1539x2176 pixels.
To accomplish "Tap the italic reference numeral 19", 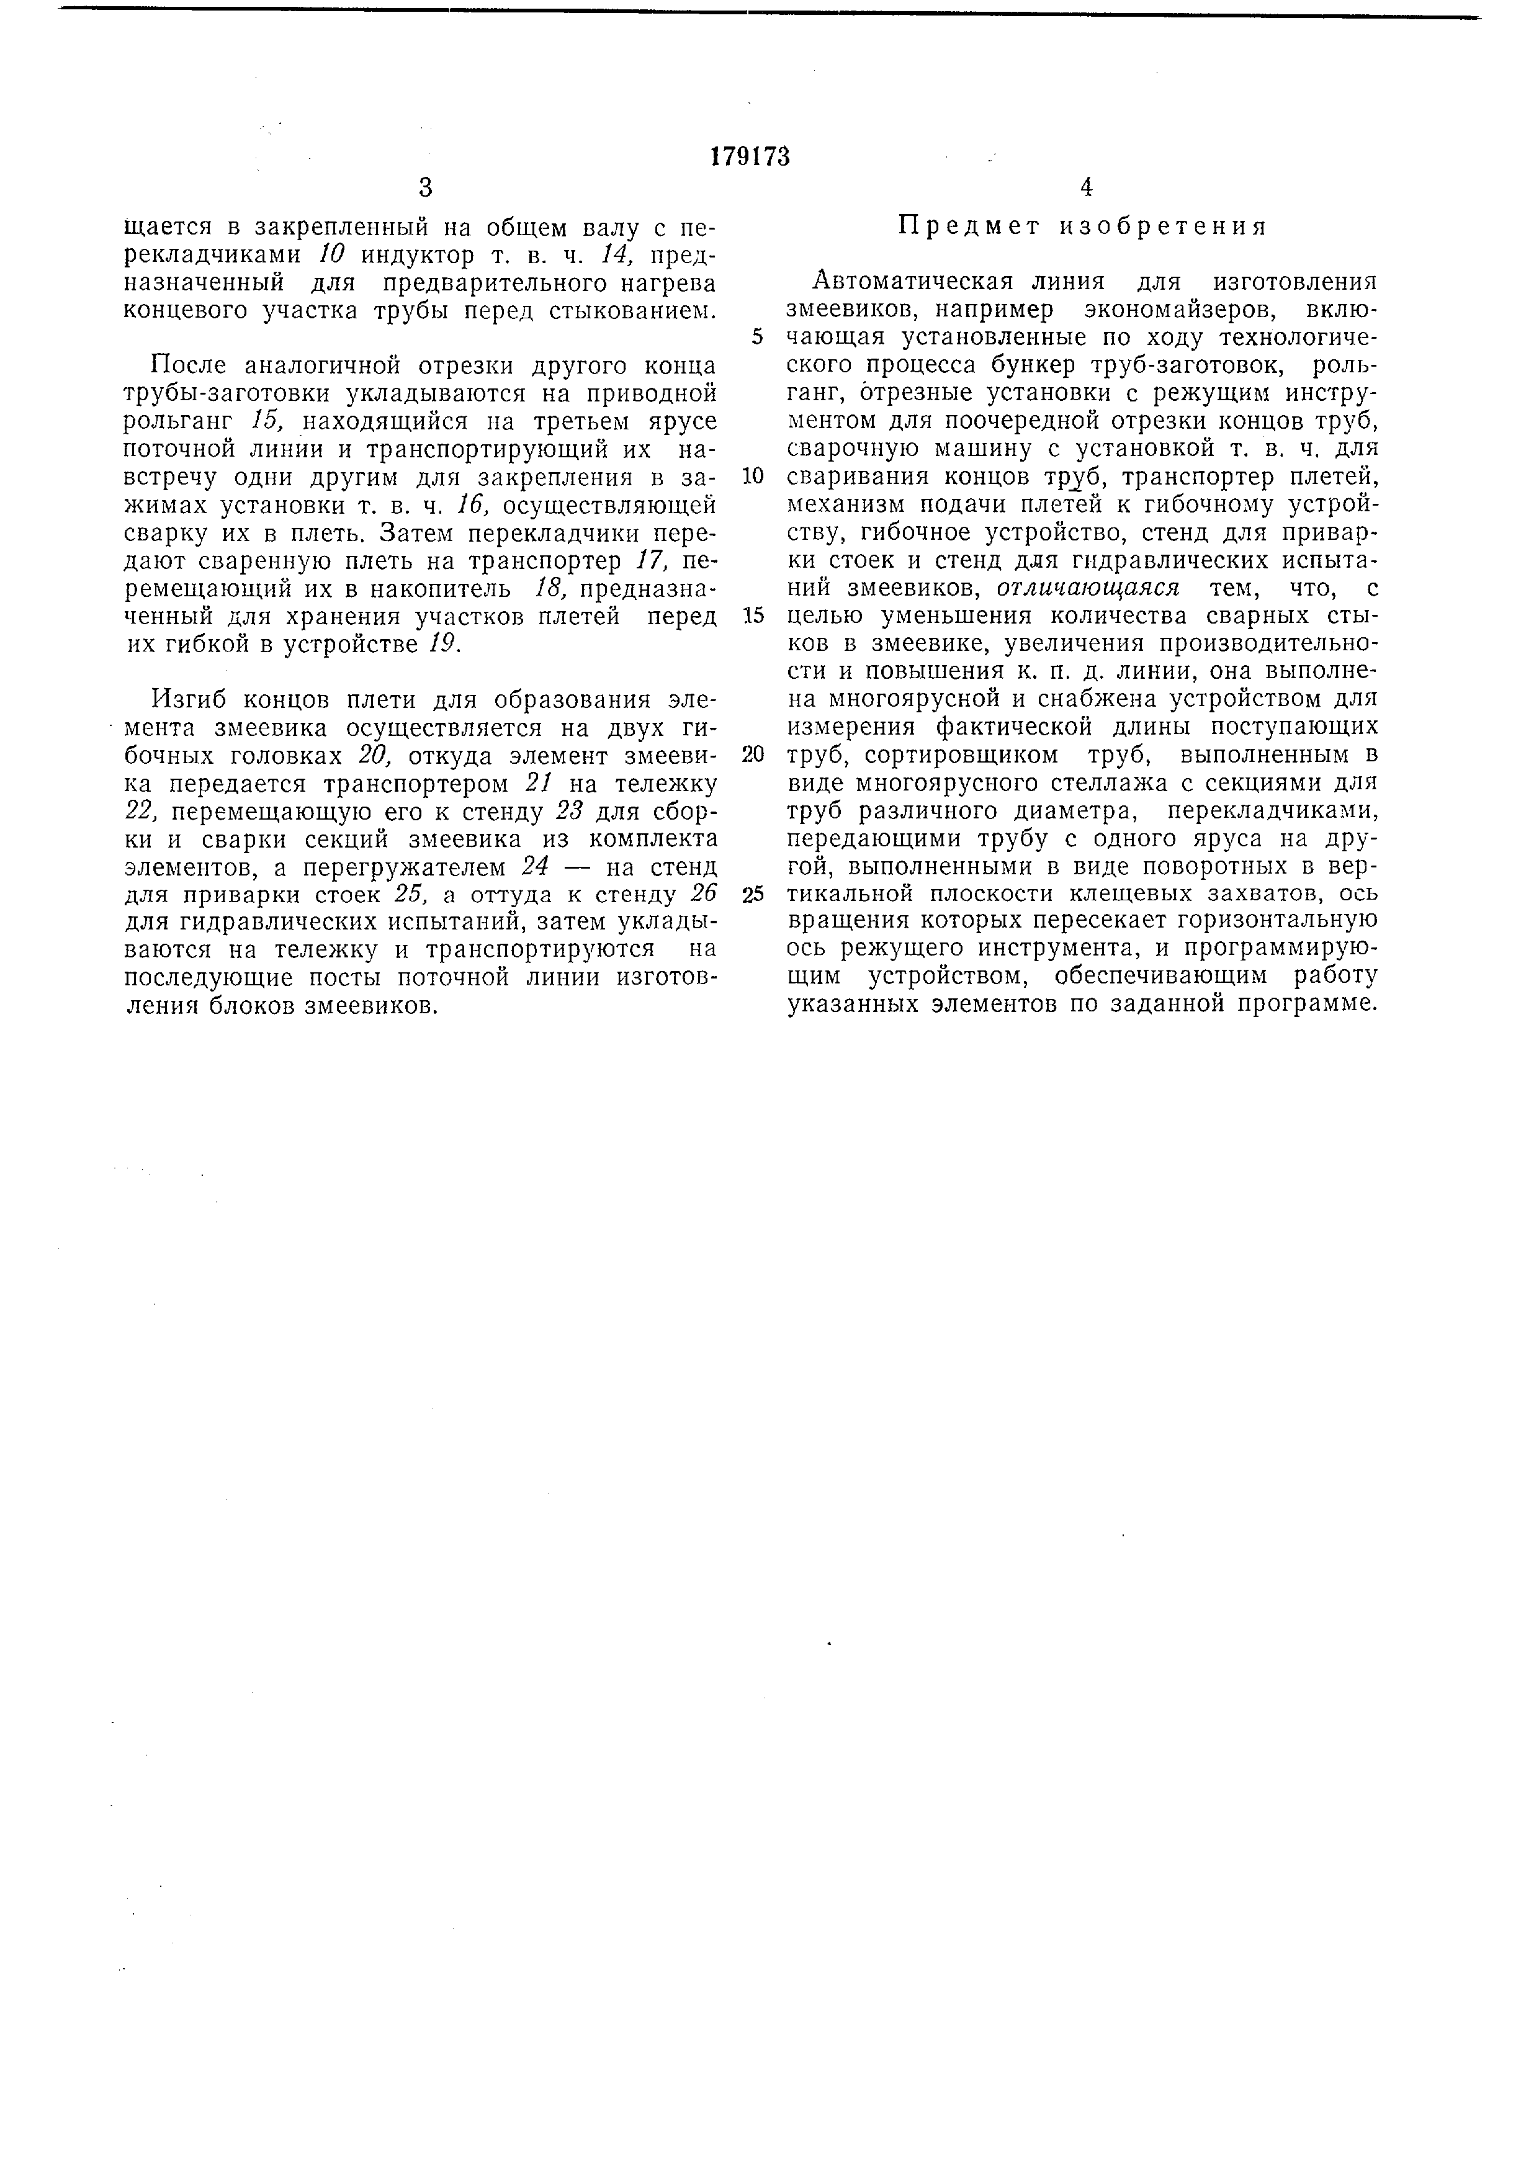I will tap(444, 645).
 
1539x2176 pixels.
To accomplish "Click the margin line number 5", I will tap(757, 338).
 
